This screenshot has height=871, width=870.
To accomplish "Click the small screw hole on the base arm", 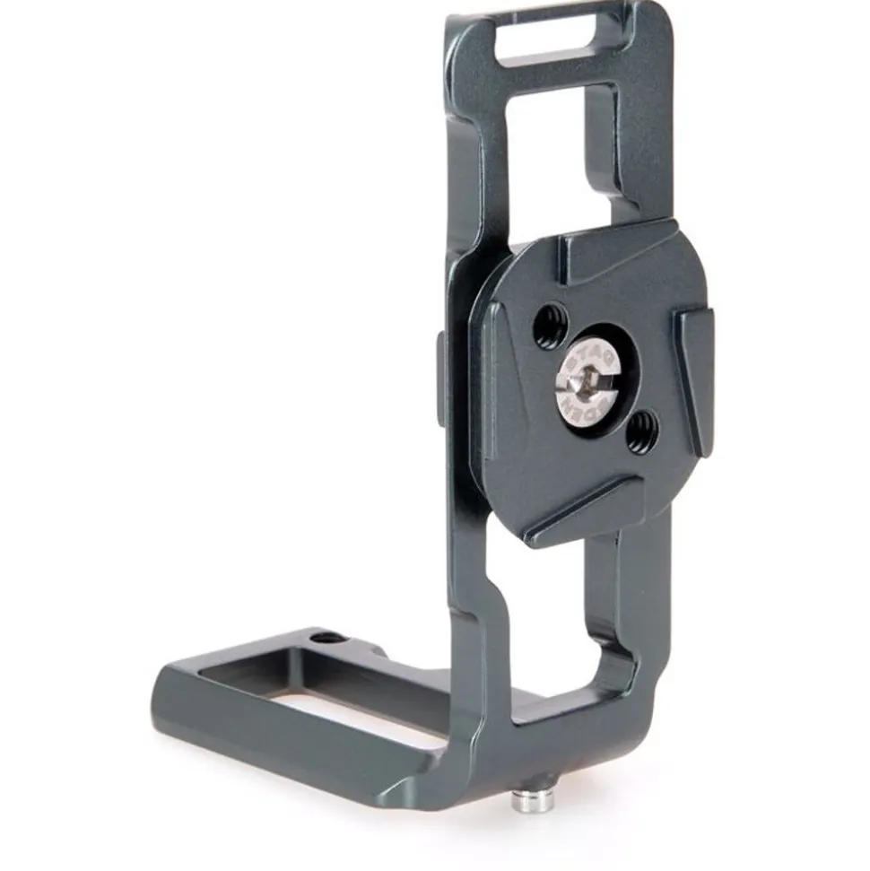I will tap(329, 638).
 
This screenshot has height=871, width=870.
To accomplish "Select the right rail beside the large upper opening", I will tap(641, 152).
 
